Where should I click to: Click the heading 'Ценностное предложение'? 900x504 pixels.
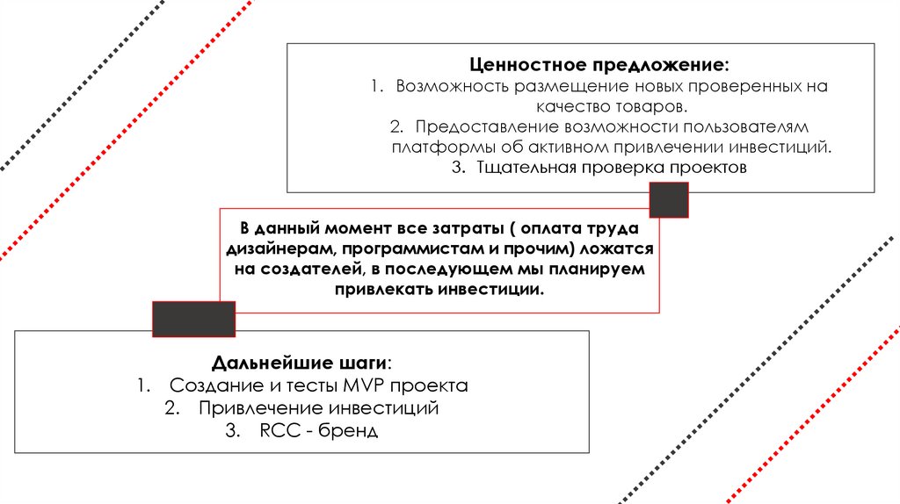(598, 66)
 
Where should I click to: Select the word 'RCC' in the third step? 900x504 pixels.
(279, 431)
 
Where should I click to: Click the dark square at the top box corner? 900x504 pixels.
(668, 200)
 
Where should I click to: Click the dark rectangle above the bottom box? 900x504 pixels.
(193, 319)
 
